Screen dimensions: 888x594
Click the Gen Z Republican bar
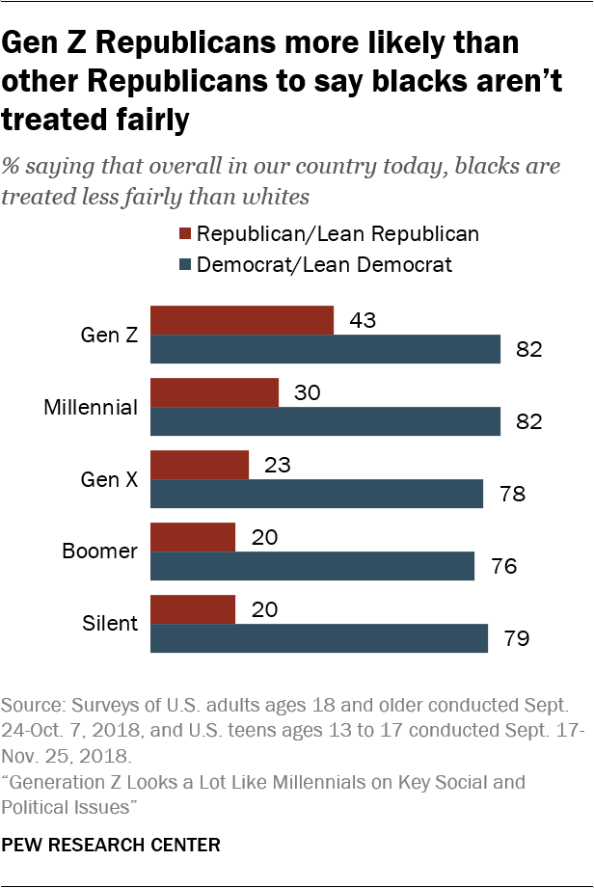[x=242, y=321]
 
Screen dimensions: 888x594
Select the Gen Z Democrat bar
[x=326, y=349]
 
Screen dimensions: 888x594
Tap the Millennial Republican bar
[x=215, y=393]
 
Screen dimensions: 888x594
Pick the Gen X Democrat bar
[x=317, y=494]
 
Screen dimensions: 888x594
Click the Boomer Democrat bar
[x=312, y=566]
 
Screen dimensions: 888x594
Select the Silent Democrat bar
[x=319, y=638]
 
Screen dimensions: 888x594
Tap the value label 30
[x=308, y=393]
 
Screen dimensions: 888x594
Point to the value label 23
[x=277, y=466]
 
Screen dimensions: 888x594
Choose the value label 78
[x=511, y=494]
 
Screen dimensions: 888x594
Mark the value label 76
[x=502, y=566]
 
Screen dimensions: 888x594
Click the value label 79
[x=516, y=638]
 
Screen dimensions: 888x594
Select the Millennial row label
[x=92, y=407]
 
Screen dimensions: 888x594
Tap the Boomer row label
[x=100, y=552]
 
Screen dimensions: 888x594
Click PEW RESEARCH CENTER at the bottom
[x=111, y=846]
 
